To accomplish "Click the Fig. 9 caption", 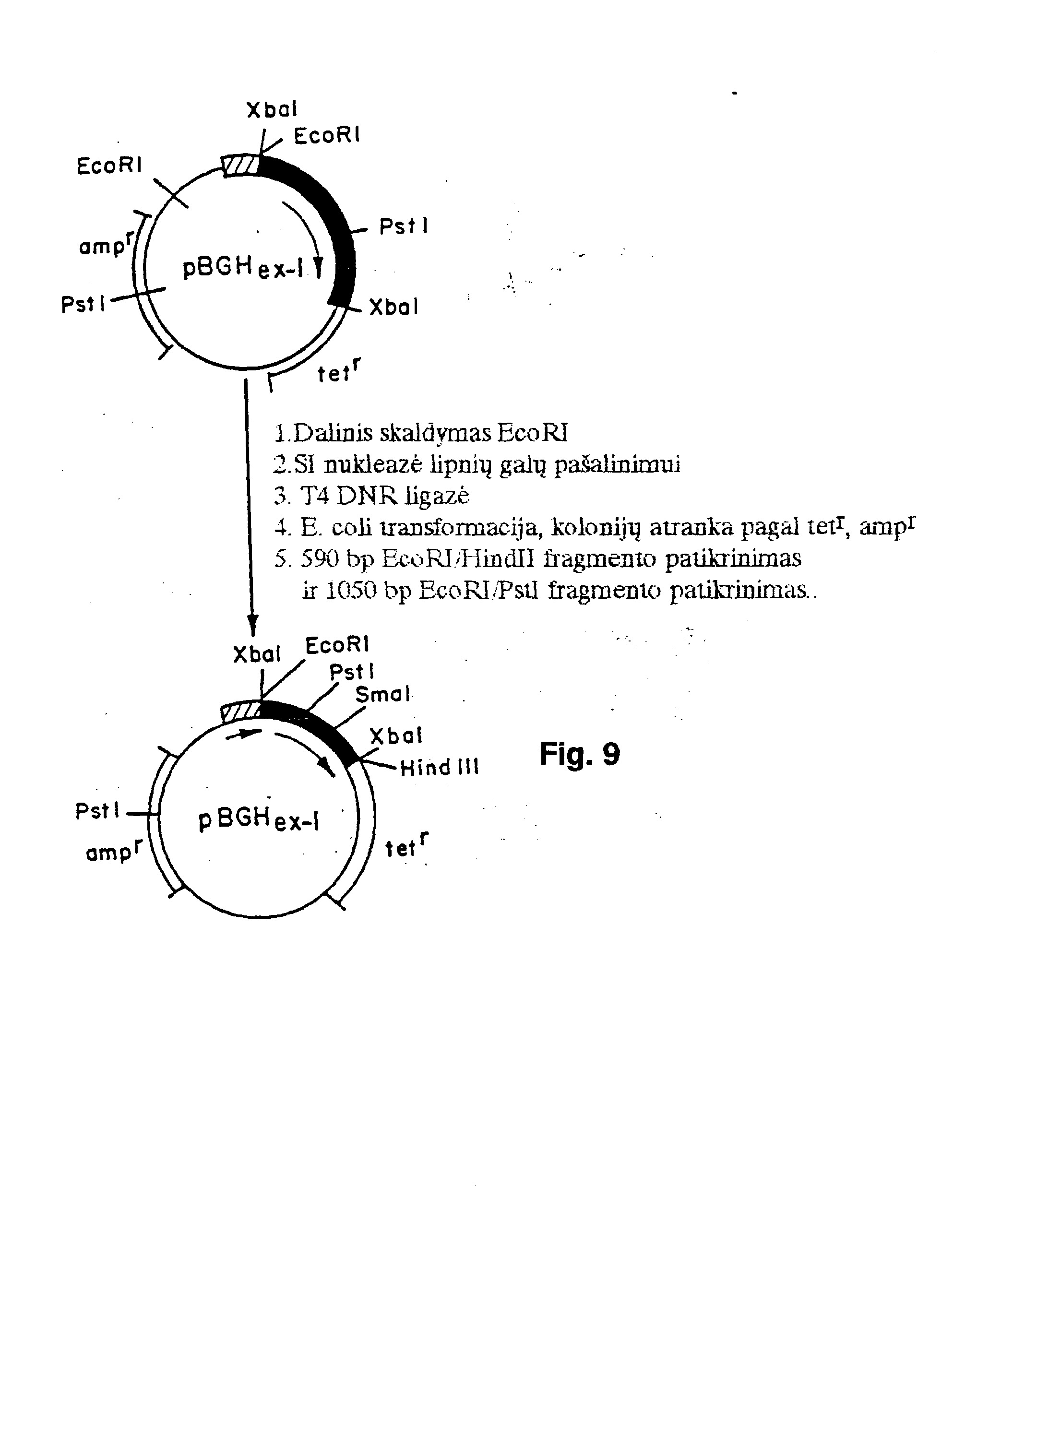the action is pos(580,755).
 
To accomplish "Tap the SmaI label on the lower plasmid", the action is pos(383,695).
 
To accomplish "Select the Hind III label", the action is pos(440,768).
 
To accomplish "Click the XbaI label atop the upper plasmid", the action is pos(272,109).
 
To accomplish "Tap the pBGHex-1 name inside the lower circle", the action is pos(258,820).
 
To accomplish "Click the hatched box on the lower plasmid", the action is pos(241,711).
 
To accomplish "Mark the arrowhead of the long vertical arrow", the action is pos(252,629).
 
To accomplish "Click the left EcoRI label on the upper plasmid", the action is pos(109,166).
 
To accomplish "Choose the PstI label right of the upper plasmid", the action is pos(404,226).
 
